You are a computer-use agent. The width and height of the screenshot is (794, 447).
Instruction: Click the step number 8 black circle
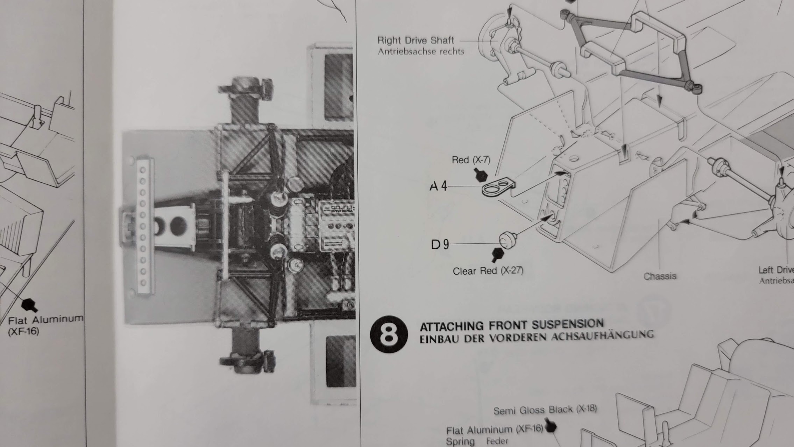[x=389, y=334]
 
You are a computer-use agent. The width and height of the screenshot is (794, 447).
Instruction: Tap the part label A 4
[x=438, y=186]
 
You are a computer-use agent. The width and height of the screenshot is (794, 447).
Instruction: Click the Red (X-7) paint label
[x=471, y=160]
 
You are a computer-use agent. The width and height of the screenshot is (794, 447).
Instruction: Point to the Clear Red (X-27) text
[x=488, y=271]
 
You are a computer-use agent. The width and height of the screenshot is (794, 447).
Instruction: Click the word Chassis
[x=660, y=276]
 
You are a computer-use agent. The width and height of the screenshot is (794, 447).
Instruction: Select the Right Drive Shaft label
[x=416, y=41]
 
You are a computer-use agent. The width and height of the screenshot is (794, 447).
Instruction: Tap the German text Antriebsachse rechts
[x=421, y=52]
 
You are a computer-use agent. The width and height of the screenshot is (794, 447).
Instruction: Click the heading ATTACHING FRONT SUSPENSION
[x=511, y=325]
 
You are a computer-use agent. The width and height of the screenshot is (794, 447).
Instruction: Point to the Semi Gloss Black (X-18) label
[x=545, y=410]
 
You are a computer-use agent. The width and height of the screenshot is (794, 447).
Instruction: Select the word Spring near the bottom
[x=460, y=441]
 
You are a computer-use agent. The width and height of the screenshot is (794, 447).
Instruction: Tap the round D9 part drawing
[x=507, y=240]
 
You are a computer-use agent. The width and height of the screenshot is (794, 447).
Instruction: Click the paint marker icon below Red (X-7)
[x=481, y=175]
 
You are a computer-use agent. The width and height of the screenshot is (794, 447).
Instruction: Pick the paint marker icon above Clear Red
[x=497, y=255]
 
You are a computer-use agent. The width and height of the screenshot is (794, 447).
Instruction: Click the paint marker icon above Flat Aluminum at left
[x=29, y=305]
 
